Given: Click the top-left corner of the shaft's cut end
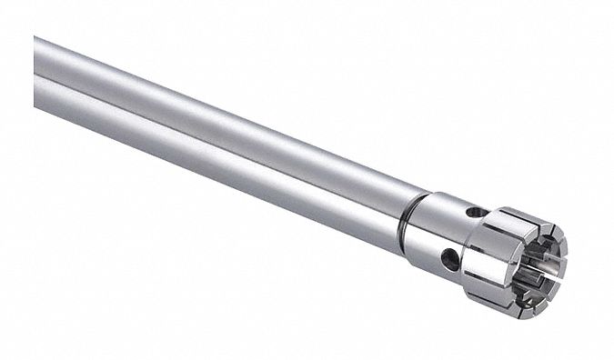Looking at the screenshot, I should tap(35, 37).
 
